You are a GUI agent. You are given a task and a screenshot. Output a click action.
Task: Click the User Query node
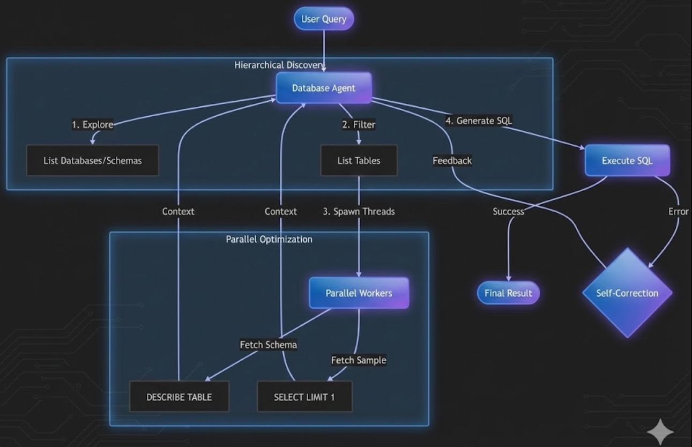(x=324, y=19)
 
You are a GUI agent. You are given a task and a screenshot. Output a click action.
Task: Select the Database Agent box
(x=323, y=88)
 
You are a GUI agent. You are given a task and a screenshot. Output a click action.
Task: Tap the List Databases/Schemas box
(x=93, y=160)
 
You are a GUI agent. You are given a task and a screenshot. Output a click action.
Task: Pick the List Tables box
(x=359, y=160)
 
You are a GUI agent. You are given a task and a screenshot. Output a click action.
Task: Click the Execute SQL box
(x=627, y=160)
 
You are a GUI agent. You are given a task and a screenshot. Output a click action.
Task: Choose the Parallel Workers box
(x=359, y=293)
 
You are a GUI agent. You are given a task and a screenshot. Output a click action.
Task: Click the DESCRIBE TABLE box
(x=179, y=397)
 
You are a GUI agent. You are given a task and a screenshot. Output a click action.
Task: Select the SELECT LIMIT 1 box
(x=304, y=397)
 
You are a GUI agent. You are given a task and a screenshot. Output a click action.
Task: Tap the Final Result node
(x=508, y=293)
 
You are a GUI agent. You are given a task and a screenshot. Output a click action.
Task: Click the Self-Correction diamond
(x=627, y=293)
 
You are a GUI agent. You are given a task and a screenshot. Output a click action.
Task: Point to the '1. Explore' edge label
(x=93, y=124)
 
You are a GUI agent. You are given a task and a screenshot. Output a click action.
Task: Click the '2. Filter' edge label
(x=359, y=125)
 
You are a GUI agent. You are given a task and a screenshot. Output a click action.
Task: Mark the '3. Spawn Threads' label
(x=359, y=212)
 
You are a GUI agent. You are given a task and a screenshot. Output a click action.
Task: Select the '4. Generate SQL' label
(x=479, y=121)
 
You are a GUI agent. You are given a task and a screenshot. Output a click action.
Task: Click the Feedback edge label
(x=452, y=160)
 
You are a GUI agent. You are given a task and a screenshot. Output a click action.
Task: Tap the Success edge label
(x=508, y=212)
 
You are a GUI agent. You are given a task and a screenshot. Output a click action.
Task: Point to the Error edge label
(x=678, y=212)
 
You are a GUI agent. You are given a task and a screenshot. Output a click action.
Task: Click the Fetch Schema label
(x=268, y=345)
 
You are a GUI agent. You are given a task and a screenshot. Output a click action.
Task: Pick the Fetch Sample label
(x=359, y=360)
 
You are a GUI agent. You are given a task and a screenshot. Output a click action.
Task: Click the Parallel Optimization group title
(x=269, y=239)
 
